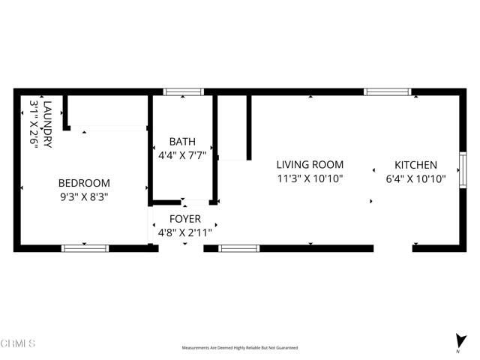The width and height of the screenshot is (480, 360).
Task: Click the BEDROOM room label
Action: point(84,183)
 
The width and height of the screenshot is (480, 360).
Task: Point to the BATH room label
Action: point(182,141)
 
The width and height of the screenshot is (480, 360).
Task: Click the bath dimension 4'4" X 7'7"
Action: point(182,155)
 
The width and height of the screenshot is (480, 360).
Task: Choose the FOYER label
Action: point(184,219)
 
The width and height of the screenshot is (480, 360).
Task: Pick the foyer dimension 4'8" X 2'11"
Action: point(184,232)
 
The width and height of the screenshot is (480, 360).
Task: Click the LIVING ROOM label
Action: point(310,165)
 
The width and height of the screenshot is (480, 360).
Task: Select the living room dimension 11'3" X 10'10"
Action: point(310,179)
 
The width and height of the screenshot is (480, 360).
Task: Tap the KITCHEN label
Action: point(415,165)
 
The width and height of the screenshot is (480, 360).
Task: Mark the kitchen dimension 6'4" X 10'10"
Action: point(415,179)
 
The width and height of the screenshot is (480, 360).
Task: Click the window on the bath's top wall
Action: point(183,92)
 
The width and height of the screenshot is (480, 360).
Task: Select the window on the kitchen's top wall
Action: point(387,92)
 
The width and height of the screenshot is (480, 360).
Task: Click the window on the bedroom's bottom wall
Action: point(85,247)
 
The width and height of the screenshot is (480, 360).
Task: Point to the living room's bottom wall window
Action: point(238,247)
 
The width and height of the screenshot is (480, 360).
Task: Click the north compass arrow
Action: point(457,340)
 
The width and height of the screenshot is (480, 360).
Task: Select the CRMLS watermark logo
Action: point(18,344)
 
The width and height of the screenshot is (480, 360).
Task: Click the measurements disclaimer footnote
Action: point(239,348)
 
